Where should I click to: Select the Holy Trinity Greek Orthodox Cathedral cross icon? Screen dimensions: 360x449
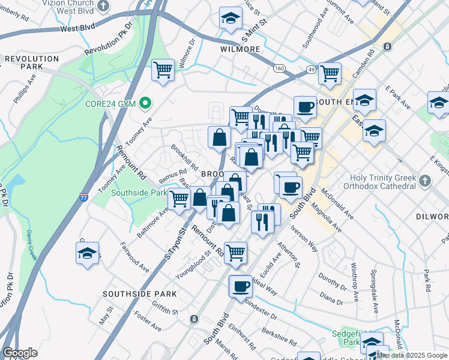[x=425, y=181]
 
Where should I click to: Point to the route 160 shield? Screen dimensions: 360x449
[x=279, y=68]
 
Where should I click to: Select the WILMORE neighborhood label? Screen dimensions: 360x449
[x=240, y=49]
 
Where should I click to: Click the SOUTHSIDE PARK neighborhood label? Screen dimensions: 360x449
[x=139, y=294]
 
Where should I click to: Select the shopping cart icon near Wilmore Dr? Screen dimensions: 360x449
[x=163, y=70]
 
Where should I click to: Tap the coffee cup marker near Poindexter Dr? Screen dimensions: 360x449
[x=241, y=286]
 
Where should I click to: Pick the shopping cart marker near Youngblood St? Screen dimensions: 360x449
[x=235, y=253]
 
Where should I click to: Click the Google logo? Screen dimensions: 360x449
[x=20, y=353]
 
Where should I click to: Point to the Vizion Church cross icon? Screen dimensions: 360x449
[x=104, y=5]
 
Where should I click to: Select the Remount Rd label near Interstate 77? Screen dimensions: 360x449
[x=130, y=162]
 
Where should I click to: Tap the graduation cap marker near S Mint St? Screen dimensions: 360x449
[x=230, y=19]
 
